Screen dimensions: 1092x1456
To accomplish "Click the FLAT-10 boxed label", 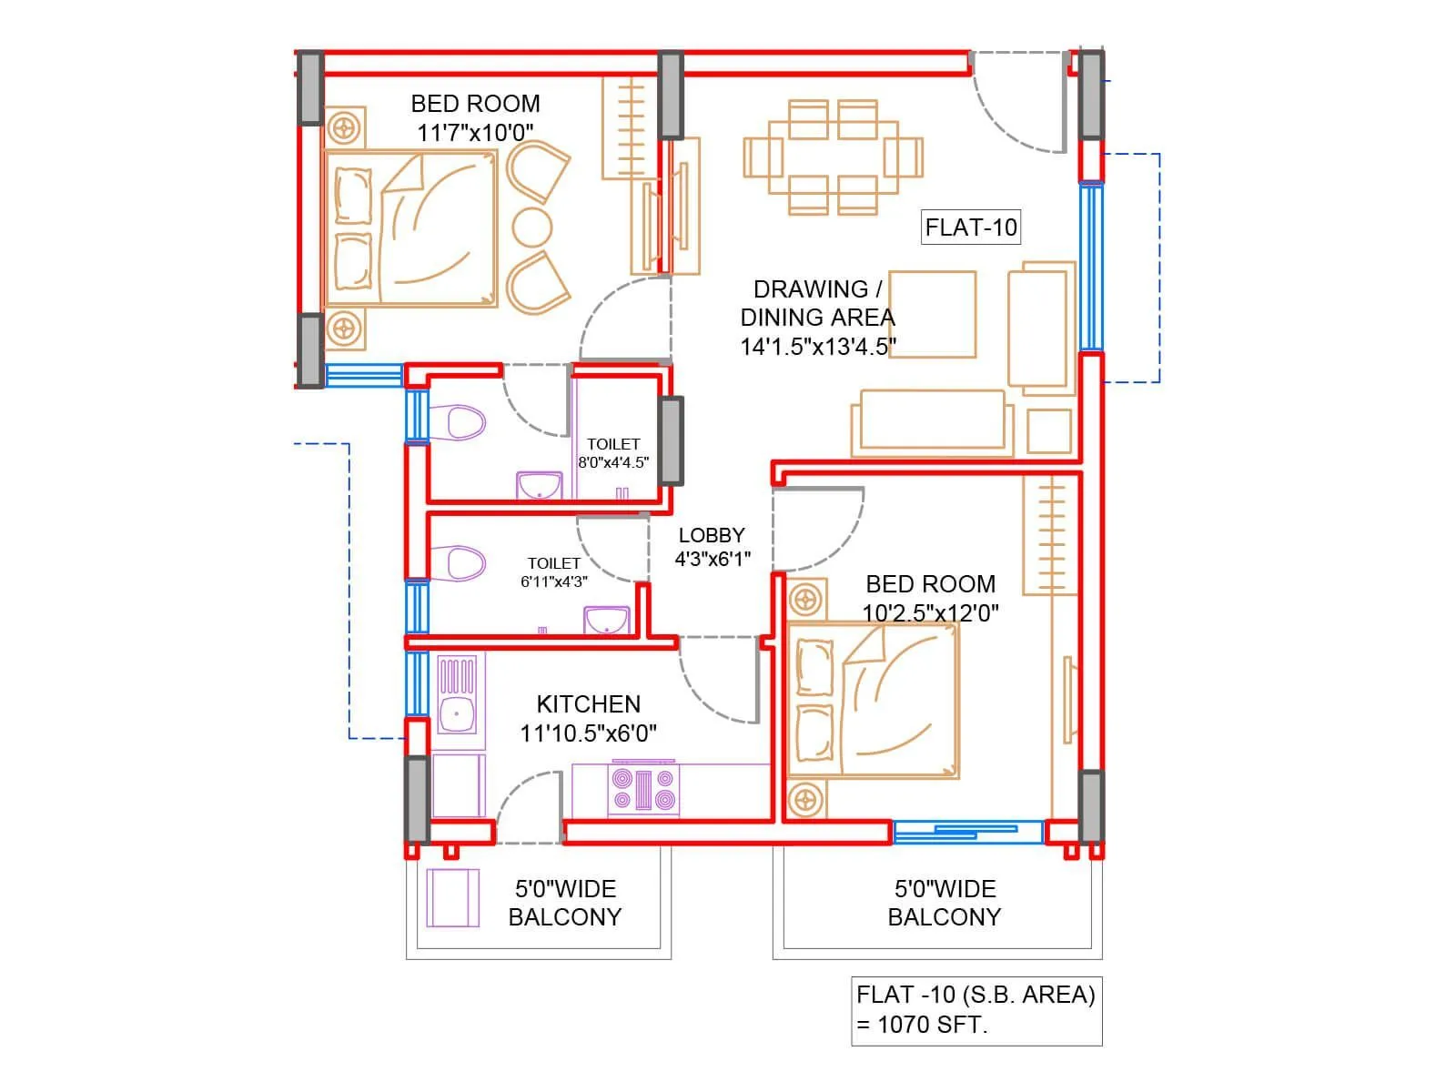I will click(971, 227).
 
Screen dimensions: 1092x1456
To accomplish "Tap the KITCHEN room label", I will click(589, 703).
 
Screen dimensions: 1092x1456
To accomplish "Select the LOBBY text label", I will click(712, 535).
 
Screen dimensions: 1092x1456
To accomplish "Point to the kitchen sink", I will click(457, 713).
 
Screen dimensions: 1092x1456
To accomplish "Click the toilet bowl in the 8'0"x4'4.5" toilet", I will click(465, 423).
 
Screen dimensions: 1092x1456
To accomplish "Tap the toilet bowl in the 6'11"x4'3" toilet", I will click(465, 563).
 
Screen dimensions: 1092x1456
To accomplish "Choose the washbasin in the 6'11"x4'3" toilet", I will click(607, 621).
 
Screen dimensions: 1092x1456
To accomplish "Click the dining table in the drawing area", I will click(833, 157).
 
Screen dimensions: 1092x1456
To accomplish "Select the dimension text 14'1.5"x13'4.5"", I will click(818, 347).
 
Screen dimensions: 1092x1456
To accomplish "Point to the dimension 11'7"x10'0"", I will click(475, 133).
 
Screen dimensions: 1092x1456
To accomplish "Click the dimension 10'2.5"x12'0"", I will click(930, 612).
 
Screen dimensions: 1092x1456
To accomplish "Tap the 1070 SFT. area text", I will click(922, 1025).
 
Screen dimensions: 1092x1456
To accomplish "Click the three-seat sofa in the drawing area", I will click(932, 423).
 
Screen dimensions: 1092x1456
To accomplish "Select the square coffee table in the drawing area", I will click(932, 314).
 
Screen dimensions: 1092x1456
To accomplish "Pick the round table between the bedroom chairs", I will click(531, 227).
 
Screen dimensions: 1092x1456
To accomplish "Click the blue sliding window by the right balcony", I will click(967, 832).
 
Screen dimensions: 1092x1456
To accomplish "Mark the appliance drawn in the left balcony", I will click(452, 898).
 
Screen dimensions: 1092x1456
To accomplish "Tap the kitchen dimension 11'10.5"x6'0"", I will click(589, 733).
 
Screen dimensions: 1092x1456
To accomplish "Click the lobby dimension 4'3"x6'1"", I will click(712, 559).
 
